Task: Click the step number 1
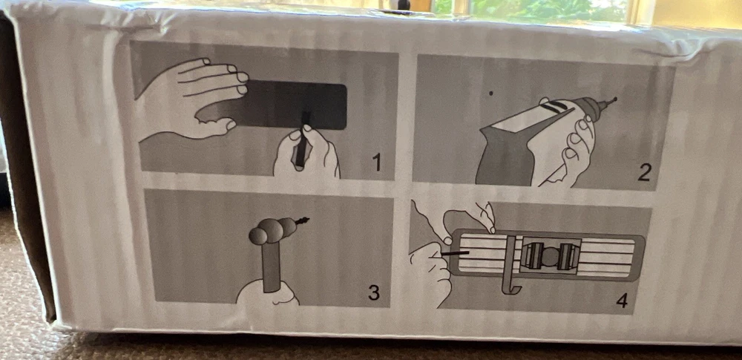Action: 377,163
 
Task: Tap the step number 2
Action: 643,173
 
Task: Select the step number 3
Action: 374,292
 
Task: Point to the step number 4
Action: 623,300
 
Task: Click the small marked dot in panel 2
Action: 490,94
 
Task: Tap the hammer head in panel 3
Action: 272,230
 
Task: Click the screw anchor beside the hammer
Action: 301,220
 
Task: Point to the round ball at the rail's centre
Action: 550,256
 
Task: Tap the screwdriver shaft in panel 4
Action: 455,253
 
